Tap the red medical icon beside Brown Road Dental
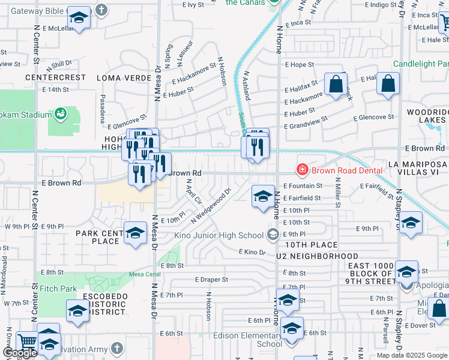[x=303, y=170]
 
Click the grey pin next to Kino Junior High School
[x=274, y=235]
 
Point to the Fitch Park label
[x=59, y=289]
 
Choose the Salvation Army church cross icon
[x=116, y=348]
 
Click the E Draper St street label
[x=211, y=280]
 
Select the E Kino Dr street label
[x=252, y=252]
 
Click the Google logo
[x=20, y=353]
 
